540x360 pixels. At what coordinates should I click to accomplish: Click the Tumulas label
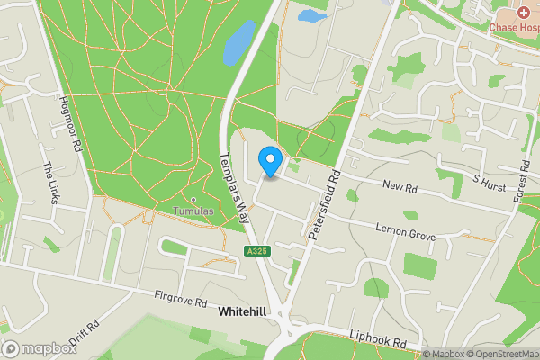coord(193,211)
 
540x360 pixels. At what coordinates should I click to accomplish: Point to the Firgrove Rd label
coord(180,295)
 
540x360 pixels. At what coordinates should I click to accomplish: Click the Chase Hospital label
coord(514,27)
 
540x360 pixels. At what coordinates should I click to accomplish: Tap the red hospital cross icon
coord(523,13)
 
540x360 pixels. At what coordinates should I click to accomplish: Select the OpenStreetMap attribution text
coord(500,354)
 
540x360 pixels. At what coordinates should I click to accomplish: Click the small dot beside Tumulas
coord(193,199)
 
